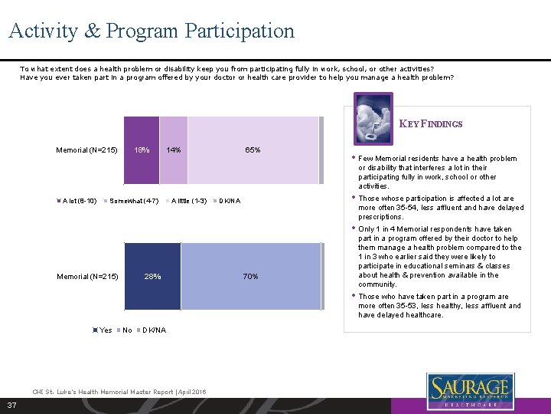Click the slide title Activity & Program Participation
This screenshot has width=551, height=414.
(152, 31)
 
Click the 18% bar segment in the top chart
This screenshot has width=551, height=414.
(142, 150)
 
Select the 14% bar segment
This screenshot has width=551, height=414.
(174, 150)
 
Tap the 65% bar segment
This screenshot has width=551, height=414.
(253, 150)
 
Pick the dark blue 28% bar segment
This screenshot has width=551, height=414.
(152, 276)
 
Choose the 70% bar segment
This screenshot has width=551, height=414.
(250, 276)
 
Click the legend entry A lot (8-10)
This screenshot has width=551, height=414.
(77, 201)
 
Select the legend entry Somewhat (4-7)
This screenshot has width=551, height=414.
(133, 201)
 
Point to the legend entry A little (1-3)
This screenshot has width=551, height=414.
(188, 201)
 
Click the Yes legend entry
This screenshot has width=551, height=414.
(104, 330)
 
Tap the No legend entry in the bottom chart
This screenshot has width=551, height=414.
(126, 330)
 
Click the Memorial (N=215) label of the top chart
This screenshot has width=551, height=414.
(87, 150)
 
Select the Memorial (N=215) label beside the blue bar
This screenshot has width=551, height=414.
(87, 276)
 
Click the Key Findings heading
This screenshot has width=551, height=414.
(431, 123)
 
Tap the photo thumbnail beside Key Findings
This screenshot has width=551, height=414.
(373, 117)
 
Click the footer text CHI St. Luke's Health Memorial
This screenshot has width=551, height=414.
(119, 392)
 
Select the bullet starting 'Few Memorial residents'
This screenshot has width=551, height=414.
(439, 172)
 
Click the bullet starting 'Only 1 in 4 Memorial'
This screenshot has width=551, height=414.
(439, 256)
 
